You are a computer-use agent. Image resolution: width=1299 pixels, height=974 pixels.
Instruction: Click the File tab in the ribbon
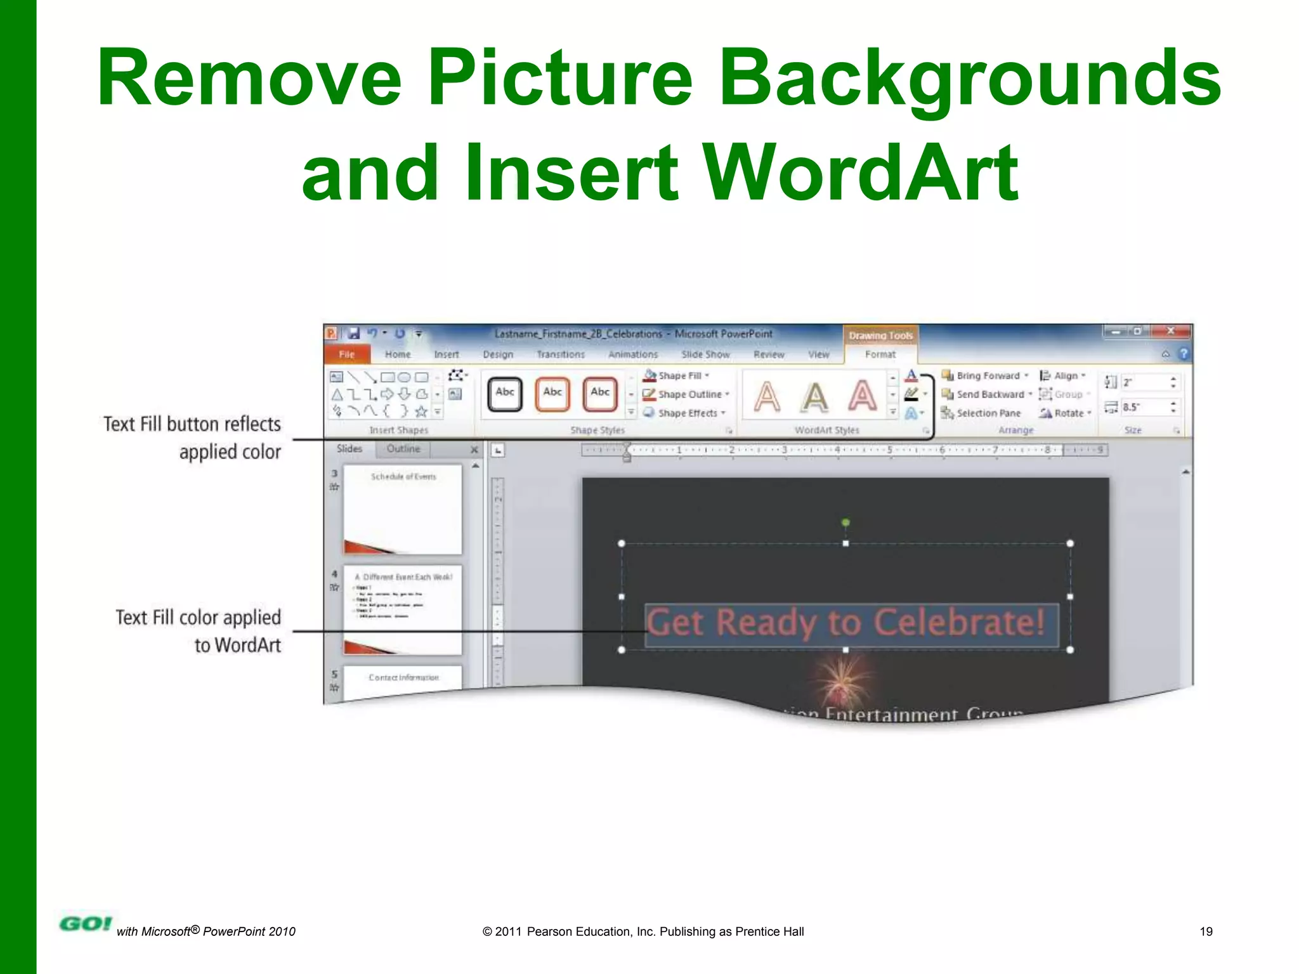[346, 354]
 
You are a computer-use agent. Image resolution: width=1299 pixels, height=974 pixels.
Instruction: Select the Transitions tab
[560, 354]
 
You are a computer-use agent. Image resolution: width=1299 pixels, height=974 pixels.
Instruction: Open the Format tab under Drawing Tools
[880, 354]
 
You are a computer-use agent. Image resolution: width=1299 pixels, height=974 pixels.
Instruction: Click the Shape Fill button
[676, 375]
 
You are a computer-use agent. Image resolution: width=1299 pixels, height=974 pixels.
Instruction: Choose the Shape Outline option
[686, 394]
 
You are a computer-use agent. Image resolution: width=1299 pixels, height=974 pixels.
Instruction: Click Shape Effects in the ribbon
[684, 413]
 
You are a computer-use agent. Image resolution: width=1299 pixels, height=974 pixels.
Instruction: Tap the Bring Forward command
[984, 375]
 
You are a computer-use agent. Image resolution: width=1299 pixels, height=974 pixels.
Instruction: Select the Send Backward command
[986, 394]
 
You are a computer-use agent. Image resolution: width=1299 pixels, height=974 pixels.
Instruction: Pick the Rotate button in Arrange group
[1066, 413]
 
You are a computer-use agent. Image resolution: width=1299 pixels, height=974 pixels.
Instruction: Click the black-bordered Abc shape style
[505, 393]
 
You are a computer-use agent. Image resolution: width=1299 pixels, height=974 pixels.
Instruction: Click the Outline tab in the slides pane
[403, 449]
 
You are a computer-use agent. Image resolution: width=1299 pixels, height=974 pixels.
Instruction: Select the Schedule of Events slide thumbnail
[403, 509]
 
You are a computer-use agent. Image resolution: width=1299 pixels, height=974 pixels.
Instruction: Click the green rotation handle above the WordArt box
[845, 523]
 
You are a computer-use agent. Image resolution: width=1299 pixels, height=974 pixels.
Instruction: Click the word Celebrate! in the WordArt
[958, 623]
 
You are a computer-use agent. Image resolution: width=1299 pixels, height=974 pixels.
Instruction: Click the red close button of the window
[1170, 332]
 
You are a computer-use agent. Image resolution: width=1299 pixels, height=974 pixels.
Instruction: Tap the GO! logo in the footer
[85, 924]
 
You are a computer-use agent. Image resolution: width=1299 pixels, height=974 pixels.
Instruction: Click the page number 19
[1206, 932]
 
